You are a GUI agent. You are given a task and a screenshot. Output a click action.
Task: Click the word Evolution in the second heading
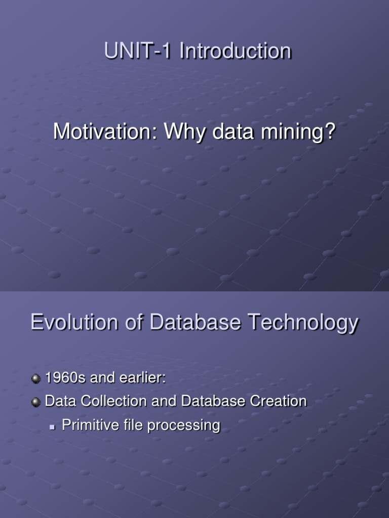tap(69, 322)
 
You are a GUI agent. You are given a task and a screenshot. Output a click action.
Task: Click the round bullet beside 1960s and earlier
tap(35, 378)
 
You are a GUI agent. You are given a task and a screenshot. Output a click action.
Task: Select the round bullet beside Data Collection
tap(35, 402)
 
